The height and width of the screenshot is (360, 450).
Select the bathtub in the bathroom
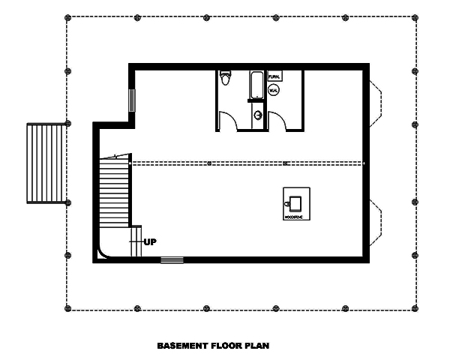coord(256,85)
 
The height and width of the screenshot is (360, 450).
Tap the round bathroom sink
coord(258,115)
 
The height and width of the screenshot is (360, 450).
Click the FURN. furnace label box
coord(274,76)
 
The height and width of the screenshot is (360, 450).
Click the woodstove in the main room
coord(294,202)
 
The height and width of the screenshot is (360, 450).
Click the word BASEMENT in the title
coord(182,346)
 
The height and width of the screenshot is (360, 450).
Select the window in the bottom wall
coord(172,260)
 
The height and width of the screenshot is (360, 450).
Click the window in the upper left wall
coord(132,99)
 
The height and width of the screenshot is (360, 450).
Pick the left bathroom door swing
coord(228,120)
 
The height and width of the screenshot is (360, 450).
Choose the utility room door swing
coord(279,121)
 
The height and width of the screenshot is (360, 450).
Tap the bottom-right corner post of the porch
coord(414,307)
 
